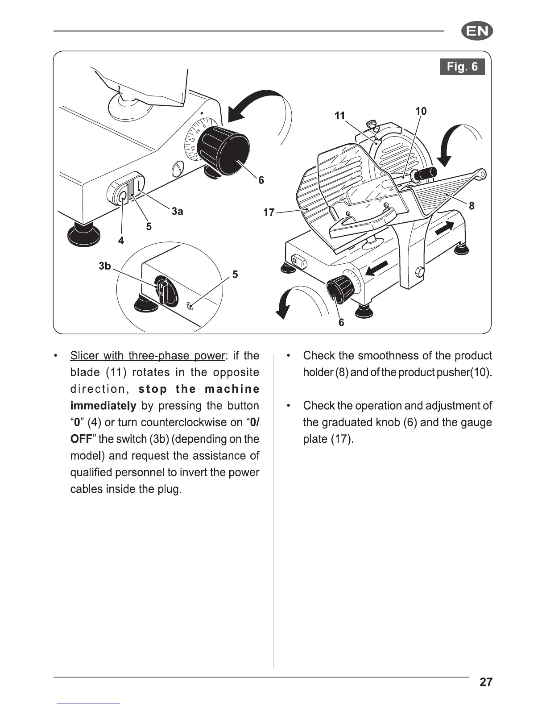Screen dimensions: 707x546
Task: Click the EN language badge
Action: (x=477, y=32)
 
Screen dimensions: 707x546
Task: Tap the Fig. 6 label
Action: (x=462, y=67)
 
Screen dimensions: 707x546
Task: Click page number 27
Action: (x=486, y=682)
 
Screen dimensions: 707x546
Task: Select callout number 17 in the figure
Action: (x=269, y=212)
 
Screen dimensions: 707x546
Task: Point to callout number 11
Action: (x=340, y=116)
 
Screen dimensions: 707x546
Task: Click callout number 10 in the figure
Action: (x=421, y=111)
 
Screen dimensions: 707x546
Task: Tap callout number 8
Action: (x=472, y=206)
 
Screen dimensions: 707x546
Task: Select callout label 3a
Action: (x=177, y=212)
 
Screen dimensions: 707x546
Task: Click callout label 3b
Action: (x=104, y=266)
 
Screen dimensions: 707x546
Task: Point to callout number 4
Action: (x=121, y=241)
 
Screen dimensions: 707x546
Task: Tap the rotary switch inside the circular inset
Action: (x=163, y=291)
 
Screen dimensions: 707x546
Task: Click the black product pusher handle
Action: (x=426, y=174)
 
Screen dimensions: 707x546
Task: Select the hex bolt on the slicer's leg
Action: (x=420, y=271)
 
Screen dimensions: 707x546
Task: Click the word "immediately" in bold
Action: (x=103, y=406)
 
